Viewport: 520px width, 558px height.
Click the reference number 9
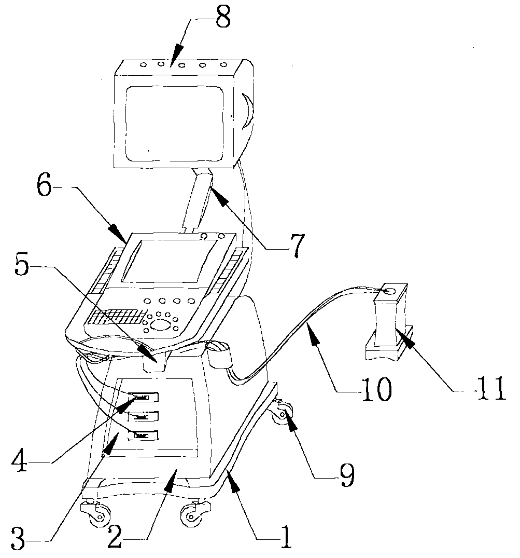point(346,473)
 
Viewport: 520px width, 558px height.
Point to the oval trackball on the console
point(161,325)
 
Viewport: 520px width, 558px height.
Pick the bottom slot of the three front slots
point(141,435)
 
